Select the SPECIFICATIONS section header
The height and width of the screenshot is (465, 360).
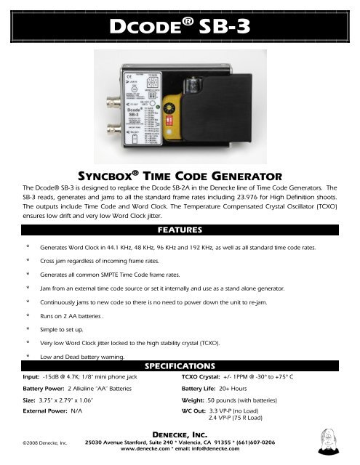coord(180,363)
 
